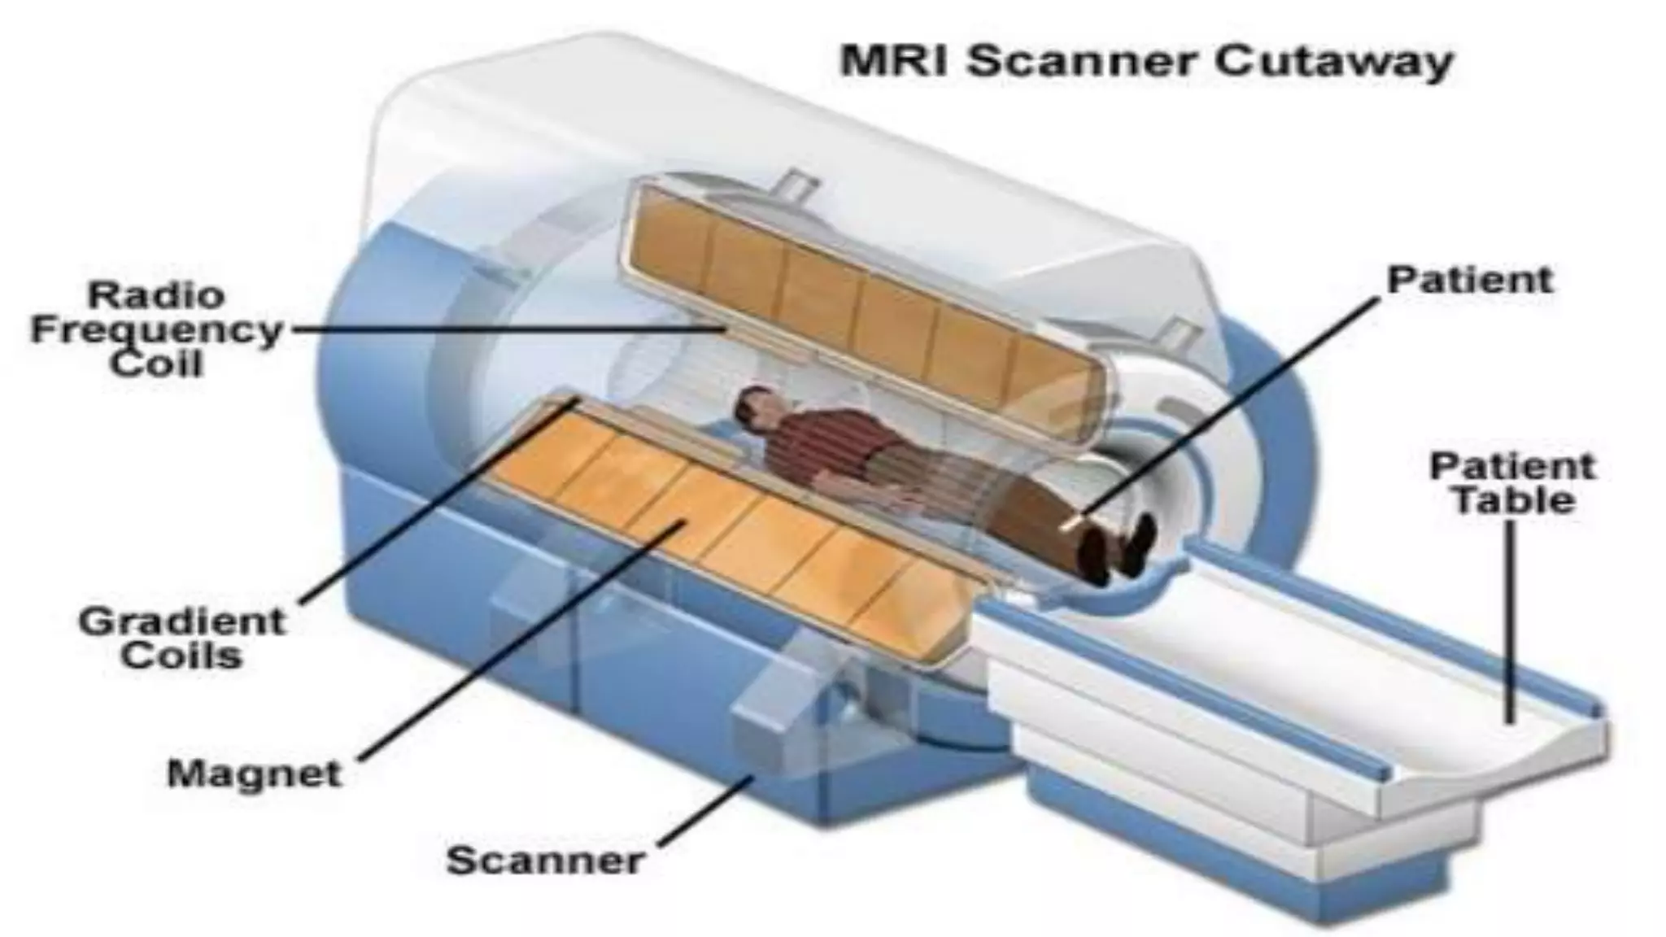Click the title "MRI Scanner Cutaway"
point(1145,62)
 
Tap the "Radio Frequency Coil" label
point(156,329)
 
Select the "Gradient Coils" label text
point(182,638)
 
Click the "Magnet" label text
point(254,774)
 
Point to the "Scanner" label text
point(545,860)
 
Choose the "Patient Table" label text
point(1513,483)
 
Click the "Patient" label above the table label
point(1470,280)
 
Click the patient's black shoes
point(1119,549)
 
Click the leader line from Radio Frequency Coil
point(504,329)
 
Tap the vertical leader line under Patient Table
point(1511,618)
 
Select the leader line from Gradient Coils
point(439,500)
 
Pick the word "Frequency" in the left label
point(156,330)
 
